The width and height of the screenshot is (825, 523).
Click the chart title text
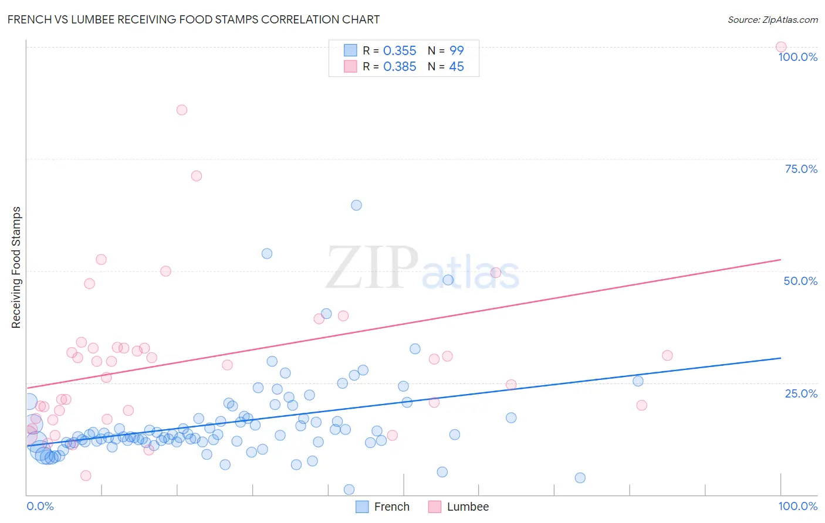(193, 19)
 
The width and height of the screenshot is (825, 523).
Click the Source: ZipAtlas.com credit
(772, 19)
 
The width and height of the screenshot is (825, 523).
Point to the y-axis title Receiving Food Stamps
(16, 267)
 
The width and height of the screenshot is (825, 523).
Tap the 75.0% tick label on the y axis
(800, 169)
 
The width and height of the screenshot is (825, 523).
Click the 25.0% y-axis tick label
(800, 393)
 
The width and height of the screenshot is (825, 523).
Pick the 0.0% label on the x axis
(40, 506)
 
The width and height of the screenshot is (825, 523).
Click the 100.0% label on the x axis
(797, 506)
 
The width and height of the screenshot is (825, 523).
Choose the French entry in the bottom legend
(391, 507)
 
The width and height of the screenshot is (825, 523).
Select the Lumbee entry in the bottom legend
(467, 507)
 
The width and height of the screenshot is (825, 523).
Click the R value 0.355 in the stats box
(400, 51)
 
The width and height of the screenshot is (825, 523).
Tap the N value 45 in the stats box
(456, 67)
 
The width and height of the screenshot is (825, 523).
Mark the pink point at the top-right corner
(780, 47)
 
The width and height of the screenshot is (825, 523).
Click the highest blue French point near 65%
(356, 205)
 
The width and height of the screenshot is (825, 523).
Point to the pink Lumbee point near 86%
(182, 110)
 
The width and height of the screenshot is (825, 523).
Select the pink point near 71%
(197, 176)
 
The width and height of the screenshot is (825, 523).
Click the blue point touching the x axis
(349, 490)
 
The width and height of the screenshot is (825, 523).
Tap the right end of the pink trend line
(780, 259)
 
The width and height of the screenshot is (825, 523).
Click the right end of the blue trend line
(780, 358)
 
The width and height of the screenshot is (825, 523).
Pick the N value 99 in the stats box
(456, 51)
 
